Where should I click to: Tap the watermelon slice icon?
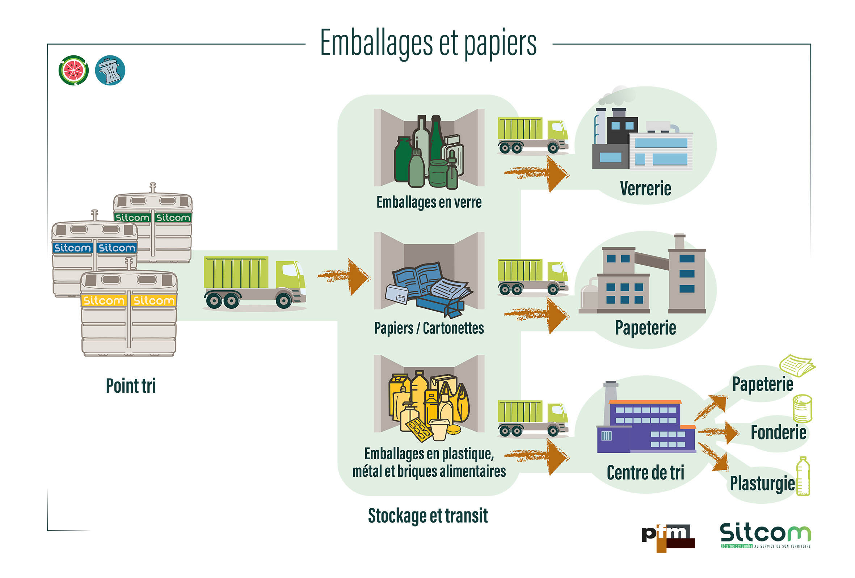coord(73,70)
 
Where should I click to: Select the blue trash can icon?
coord(110,70)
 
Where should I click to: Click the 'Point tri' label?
coord(131,385)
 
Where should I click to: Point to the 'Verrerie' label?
coord(645,189)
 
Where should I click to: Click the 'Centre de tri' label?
coord(645,472)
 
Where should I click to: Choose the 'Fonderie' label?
coord(778,432)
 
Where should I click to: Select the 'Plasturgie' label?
coord(762,483)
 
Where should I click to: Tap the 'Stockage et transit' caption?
coord(428,515)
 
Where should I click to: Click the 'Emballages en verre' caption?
coord(429,202)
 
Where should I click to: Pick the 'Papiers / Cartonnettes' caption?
coord(429,328)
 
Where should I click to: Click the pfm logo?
coord(668,538)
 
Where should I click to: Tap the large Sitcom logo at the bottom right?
coord(765,535)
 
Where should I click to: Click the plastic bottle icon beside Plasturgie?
coord(803,476)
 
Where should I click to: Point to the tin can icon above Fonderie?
coord(802,408)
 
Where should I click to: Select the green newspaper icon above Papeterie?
coord(797,365)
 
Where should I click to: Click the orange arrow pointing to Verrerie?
coord(537,173)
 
